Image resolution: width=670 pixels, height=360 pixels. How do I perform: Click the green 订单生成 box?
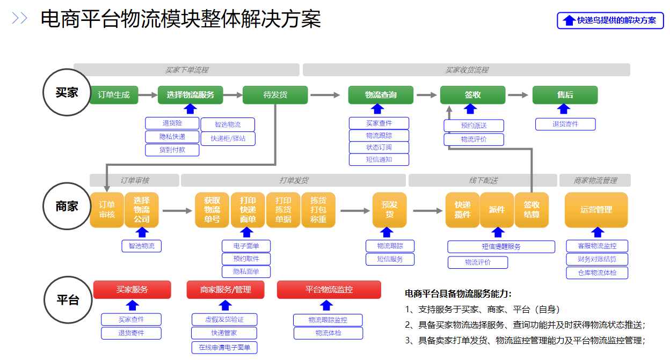(114, 95)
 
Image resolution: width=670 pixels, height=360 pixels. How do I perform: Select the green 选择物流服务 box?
(191, 95)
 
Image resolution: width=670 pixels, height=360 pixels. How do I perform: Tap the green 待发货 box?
(275, 95)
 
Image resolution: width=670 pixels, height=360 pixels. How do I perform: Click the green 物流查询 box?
(381, 95)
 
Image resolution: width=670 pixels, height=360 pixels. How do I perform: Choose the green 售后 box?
(565, 95)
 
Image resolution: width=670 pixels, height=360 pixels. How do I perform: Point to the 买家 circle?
(67, 92)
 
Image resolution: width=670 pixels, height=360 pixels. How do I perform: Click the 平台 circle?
(67, 300)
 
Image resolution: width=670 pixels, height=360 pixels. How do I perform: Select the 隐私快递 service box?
(172, 137)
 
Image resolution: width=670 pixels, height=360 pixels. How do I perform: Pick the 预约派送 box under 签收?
(474, 126)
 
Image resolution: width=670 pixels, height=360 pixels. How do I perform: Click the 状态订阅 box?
(379, 148)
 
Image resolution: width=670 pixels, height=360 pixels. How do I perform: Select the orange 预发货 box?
(389, 210)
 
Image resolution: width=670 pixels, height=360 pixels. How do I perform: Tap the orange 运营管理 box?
(596, 210)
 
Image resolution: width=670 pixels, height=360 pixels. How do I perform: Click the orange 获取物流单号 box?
(212, 210)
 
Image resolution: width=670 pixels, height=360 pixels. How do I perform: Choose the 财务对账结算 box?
(596, 260)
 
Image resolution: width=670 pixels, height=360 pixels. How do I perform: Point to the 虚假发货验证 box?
(224, 319)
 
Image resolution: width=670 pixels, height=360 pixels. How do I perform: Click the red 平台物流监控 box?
(329, 290)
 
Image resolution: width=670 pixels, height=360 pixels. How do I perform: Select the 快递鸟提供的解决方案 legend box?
(610, 20)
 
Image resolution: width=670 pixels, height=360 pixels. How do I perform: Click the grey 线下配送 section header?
(483, 180)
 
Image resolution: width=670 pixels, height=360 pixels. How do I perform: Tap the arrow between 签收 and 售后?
(518, 95)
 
